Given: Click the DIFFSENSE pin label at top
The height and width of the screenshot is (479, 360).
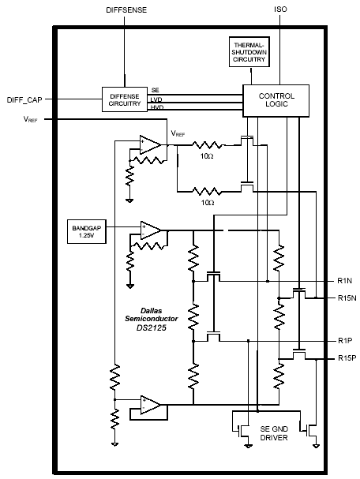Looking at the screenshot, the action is pos(126,10).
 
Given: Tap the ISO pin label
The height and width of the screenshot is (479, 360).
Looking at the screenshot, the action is pos(280,9).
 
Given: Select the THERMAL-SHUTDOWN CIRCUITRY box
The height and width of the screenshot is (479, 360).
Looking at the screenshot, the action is pos(249,51).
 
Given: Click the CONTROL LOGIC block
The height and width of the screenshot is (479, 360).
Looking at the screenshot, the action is pos(276,100).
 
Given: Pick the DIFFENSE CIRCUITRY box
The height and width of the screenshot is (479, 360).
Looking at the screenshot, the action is pos(125,99).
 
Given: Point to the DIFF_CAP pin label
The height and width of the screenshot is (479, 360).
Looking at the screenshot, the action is pos(24,99).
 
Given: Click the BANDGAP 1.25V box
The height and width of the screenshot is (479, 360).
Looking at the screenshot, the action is pos(87,231).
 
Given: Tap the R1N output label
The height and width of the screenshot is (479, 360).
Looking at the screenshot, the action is pos(344,281).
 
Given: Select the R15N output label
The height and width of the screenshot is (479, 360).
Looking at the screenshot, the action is pos(347,298).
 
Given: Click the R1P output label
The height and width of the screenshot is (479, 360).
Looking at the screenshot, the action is pos(345,341).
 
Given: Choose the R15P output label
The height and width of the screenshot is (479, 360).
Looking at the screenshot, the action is pos(347,357).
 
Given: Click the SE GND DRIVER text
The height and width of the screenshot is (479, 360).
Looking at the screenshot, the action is pos(274,433).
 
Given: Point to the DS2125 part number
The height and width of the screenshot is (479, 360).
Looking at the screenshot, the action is pos(152,328).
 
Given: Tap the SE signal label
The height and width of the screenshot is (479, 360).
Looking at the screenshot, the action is pos(156,90).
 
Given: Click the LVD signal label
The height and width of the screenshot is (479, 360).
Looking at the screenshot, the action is pos(156,99).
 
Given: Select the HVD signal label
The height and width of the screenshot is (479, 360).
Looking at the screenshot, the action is pos(157,107).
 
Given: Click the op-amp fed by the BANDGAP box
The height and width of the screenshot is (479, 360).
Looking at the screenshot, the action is pos(151,230).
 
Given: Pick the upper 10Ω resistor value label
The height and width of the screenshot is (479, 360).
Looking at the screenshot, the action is pos(207,156).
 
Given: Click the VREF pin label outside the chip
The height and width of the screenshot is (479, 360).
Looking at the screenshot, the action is pos(30,119).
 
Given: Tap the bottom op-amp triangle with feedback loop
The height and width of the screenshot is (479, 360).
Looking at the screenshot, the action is pos(151,405).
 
